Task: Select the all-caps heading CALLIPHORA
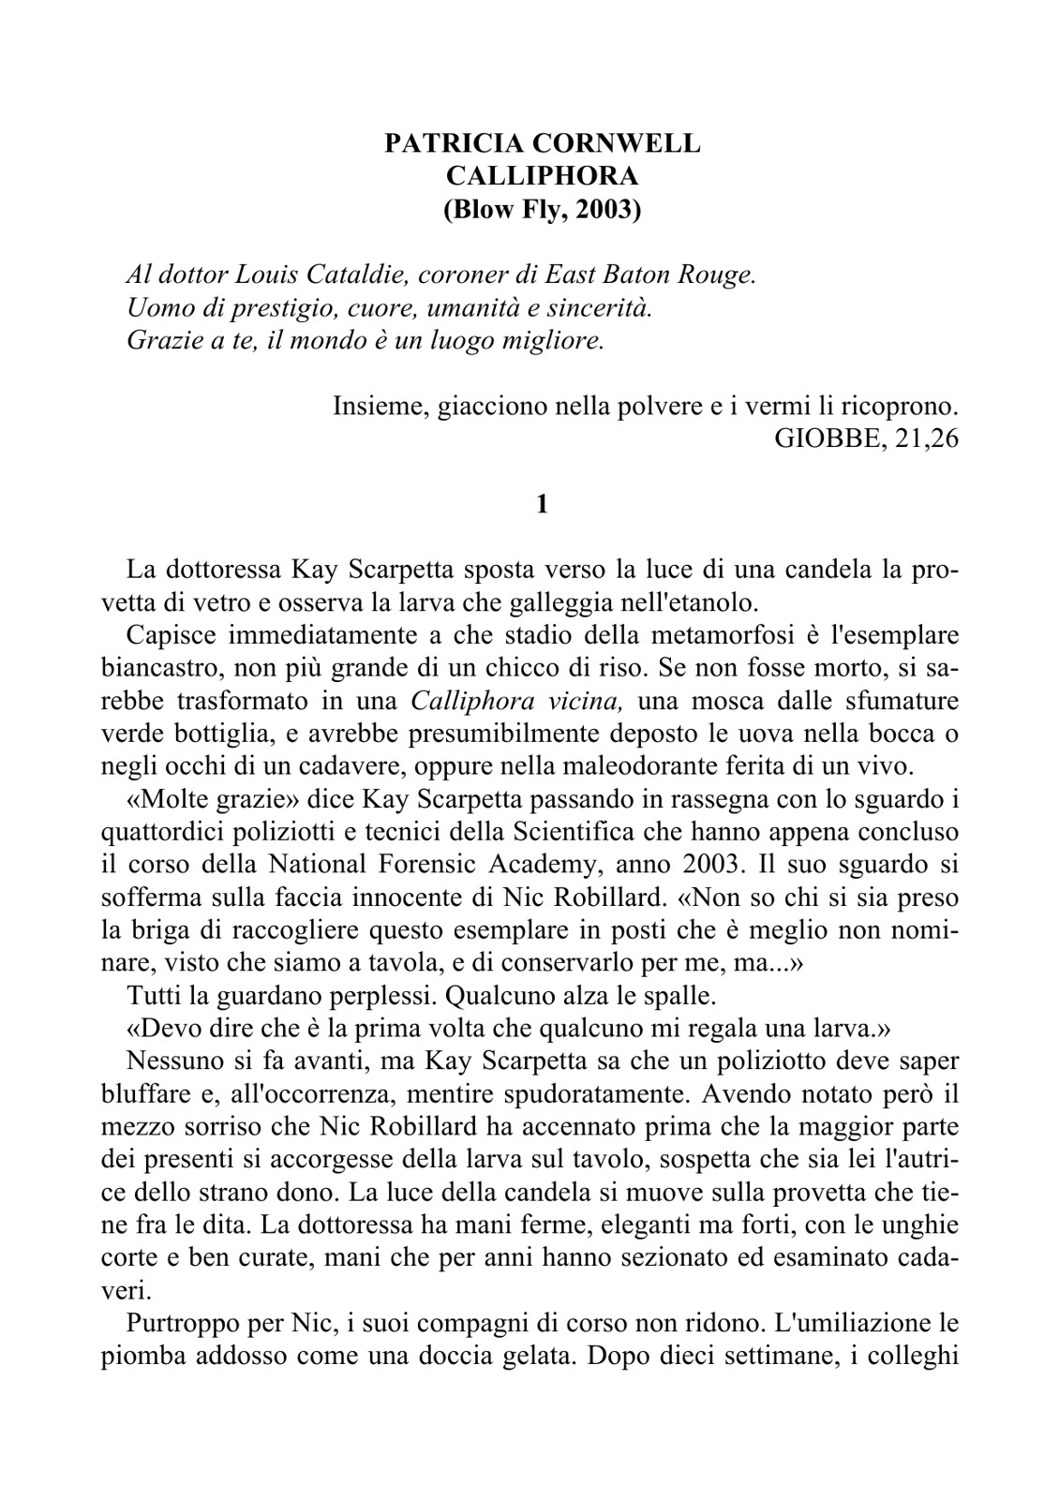543,176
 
